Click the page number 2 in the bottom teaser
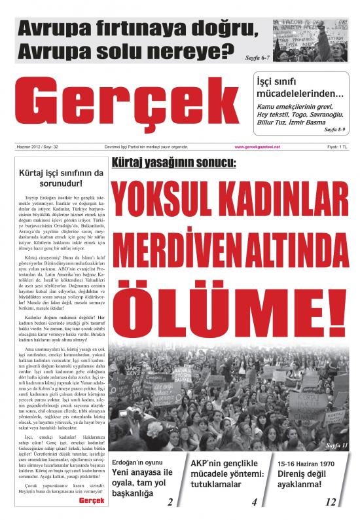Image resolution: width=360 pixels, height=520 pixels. point(170,502)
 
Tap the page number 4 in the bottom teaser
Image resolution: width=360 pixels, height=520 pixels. point(253,502)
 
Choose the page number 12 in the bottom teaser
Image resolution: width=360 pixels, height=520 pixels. point(331,502)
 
